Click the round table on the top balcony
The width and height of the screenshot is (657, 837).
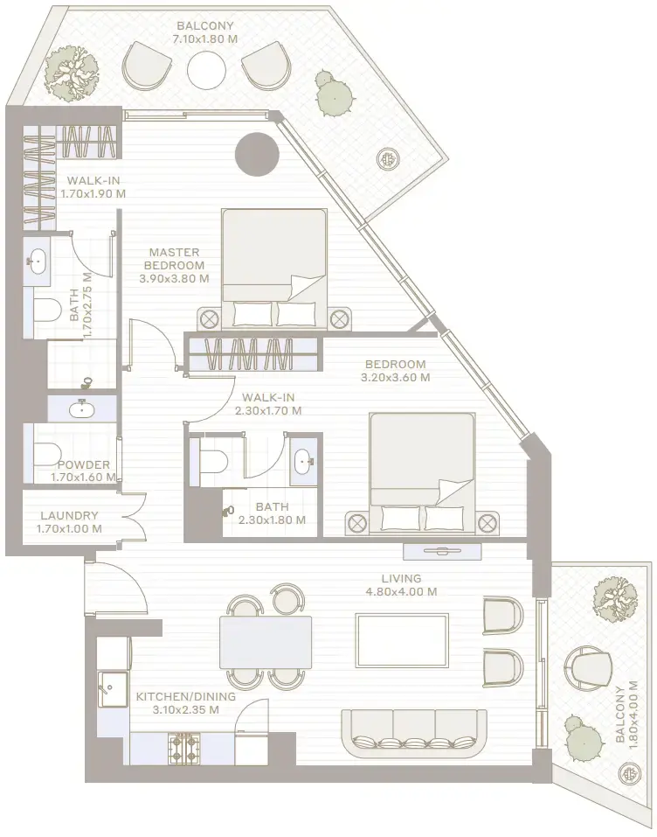(206, 69)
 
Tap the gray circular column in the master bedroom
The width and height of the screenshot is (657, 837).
(257, 154)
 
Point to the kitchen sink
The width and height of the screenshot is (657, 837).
(113, 689)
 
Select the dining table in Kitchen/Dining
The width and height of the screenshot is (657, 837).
(266, 642)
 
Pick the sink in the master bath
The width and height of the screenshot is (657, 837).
(38, 262)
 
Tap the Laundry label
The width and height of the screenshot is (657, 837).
(69, 516)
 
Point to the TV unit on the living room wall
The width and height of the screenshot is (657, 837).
(442, 551)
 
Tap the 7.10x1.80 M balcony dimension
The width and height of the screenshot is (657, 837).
(205, 39)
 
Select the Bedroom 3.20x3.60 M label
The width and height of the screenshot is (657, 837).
(396, 371)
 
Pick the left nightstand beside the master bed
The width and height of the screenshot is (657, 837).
(209, 320)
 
